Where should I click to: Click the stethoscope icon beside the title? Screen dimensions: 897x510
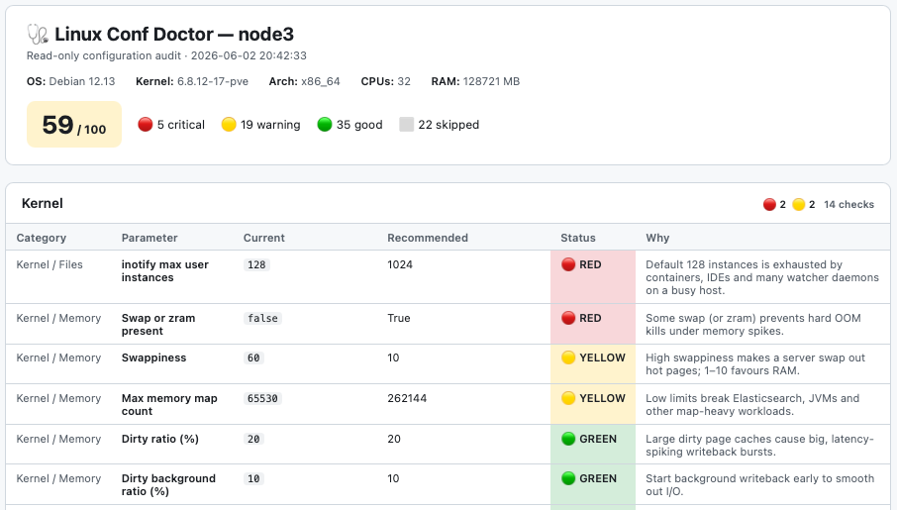38,35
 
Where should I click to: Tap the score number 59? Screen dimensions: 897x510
57,125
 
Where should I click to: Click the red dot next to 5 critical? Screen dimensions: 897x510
146,124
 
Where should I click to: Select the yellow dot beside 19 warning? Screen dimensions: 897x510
229,124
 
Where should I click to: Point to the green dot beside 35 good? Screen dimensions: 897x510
325,124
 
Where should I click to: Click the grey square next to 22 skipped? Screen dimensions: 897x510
406,124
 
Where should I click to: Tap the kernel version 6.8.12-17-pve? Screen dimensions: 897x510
213,81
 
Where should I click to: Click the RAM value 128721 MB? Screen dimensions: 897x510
491,81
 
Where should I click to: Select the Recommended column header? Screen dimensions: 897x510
428,238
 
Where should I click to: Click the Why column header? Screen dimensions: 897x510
657,238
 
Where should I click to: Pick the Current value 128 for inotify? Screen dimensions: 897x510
256,265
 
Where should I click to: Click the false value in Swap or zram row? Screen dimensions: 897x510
262,318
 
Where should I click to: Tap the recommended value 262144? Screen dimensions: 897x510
407,398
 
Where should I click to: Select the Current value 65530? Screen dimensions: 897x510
262,398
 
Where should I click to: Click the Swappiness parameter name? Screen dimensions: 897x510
153,357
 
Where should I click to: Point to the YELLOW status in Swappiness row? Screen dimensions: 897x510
593,357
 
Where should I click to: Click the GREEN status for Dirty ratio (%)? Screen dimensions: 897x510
589,439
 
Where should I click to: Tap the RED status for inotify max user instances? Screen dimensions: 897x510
581,264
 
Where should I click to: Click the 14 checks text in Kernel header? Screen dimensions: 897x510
848,204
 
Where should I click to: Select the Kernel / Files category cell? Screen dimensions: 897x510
50,264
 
